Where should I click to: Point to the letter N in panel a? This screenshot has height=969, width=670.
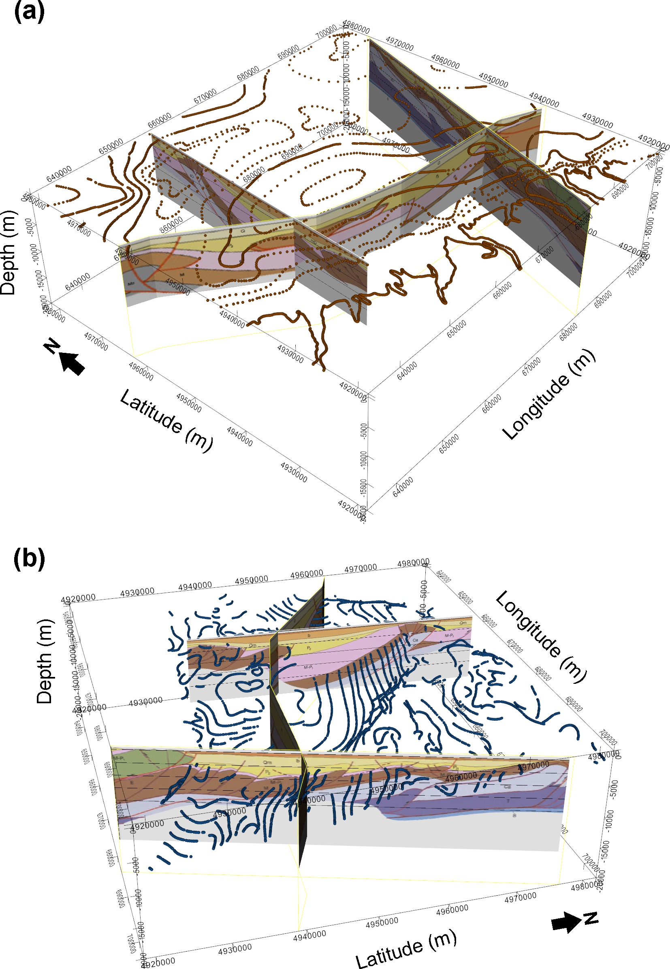pos(52,346)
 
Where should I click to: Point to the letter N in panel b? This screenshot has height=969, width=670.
pos(591,918)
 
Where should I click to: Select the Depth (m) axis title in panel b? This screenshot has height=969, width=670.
pos(45,661)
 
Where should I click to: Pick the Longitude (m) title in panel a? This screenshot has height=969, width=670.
pos(548,395)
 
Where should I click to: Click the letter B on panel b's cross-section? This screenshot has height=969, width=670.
pos(514,815)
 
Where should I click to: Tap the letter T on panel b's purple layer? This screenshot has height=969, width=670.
pos(508,800)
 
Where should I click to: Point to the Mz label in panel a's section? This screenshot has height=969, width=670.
pos(131,284)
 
